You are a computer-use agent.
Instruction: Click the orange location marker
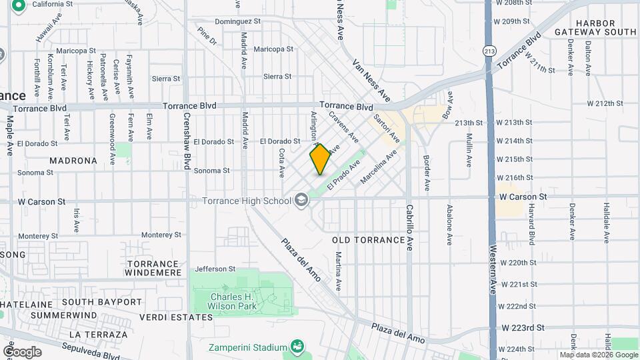(x=321, y=159)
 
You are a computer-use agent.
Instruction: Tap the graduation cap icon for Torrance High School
(x=301, y=199)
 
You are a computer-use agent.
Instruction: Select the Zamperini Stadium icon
(x=297, y=347)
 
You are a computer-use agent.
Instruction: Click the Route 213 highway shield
(x=491, y=51)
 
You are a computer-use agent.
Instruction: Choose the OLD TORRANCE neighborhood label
(x=369, y=239)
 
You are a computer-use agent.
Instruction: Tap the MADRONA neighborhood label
(x=73, y=161)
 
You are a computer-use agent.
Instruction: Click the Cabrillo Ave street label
(x=409, y=227)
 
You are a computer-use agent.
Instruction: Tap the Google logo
(x=22, y=352)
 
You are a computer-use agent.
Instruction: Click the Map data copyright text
(x=599, y=355)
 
